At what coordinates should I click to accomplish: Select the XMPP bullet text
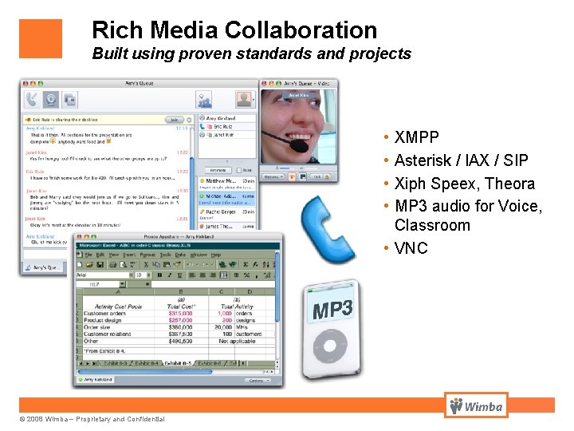[x=416, y=137]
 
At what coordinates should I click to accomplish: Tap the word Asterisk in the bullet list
[x=427, y=160]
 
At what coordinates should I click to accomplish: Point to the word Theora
[x=508, y=184]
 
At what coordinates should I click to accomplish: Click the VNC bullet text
[x=411, y=248]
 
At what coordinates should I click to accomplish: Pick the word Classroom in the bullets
[x=432, y=225]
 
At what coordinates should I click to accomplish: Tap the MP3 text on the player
[x=332, y=307]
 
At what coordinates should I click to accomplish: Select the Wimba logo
[x=476, y=405]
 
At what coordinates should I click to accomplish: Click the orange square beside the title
[x=41, y=38]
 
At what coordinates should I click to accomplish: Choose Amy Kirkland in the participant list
[x=221, y=118]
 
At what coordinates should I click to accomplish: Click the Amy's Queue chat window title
[x=140, y=83]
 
